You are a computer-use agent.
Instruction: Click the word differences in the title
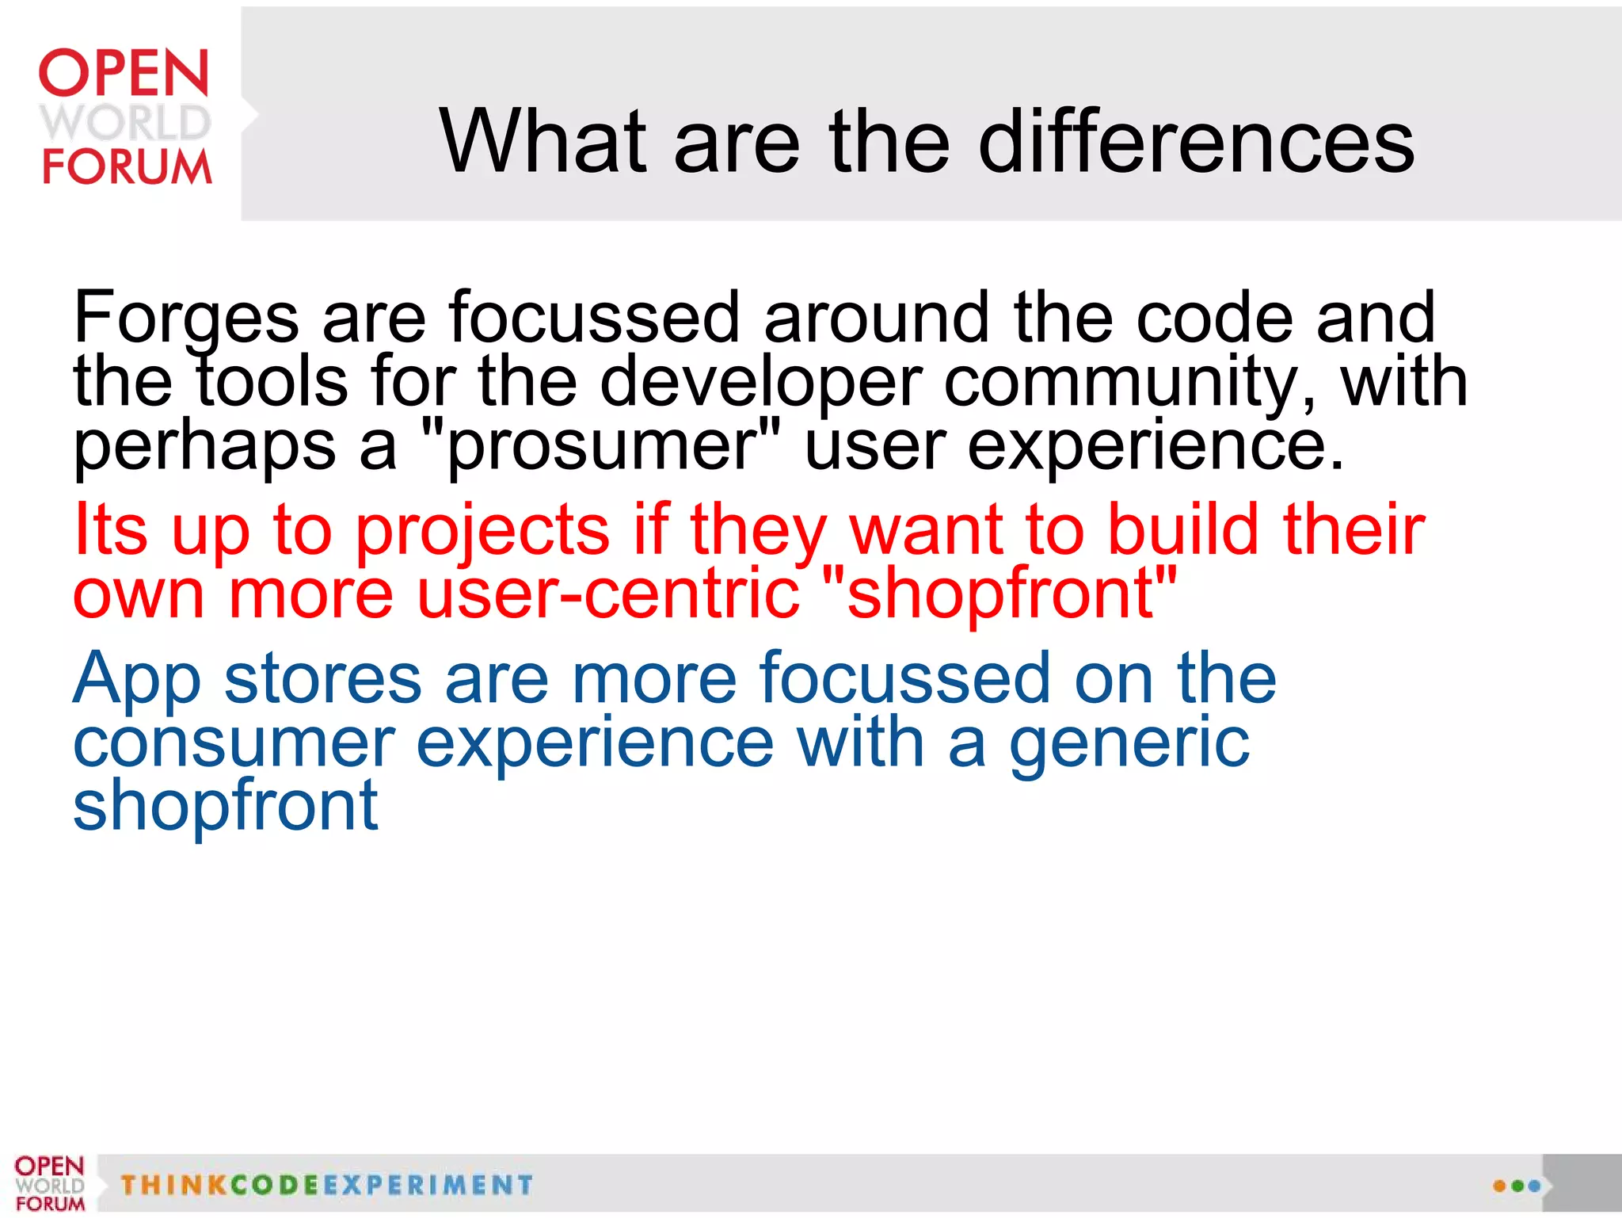tap(1196, 143)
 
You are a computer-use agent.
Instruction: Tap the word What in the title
tap(542, 143)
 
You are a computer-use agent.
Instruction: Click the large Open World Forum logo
tap(125, 116)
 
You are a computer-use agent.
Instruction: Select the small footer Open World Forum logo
tap(49, 1183)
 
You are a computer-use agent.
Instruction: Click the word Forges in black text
tap(186, 319)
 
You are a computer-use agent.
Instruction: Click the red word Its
tap(110, 529)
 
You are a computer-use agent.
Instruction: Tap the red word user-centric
tap(607, 594)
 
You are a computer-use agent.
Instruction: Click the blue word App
tap(137, 680)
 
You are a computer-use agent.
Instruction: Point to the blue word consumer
tap(234, 745)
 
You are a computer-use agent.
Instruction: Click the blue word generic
tap(1129, 745)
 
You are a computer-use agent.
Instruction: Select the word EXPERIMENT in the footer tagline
tap(428, 1186)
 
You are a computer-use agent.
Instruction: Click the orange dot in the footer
tap(1498, 1186)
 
